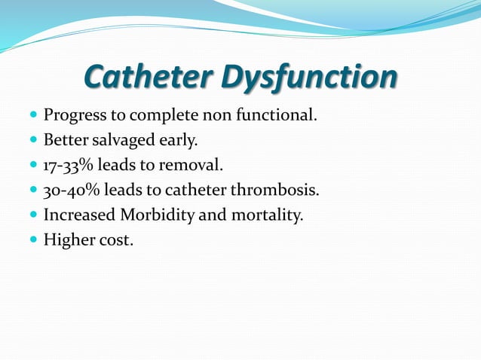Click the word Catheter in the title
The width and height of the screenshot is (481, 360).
pos(152,77)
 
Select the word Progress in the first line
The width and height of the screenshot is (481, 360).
pos(75,117)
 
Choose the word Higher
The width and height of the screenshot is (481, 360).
pos(69,240)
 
